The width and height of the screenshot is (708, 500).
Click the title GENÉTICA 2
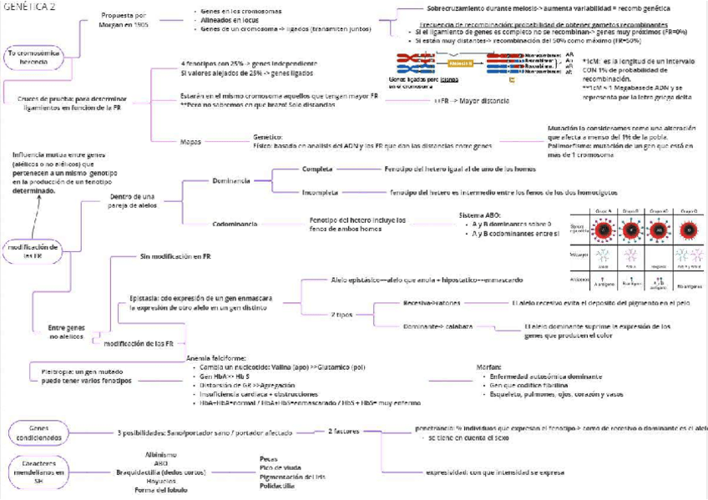tap(30, 7)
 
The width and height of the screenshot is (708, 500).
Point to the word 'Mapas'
tap(190, 141)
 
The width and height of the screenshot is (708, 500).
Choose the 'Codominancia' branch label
tap(234, 224)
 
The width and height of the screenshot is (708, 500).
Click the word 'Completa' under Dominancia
tap(317, 169)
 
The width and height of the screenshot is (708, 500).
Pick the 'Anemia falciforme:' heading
tap(215, 358)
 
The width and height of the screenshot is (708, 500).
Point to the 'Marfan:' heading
tap(489, 366)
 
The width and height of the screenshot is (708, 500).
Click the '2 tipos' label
tap(341, 314)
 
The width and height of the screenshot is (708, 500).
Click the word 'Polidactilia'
tap(278, 485)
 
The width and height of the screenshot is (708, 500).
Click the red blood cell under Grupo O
tap(690, 228)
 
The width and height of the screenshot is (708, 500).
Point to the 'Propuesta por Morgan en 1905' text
tap(123, 20)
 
